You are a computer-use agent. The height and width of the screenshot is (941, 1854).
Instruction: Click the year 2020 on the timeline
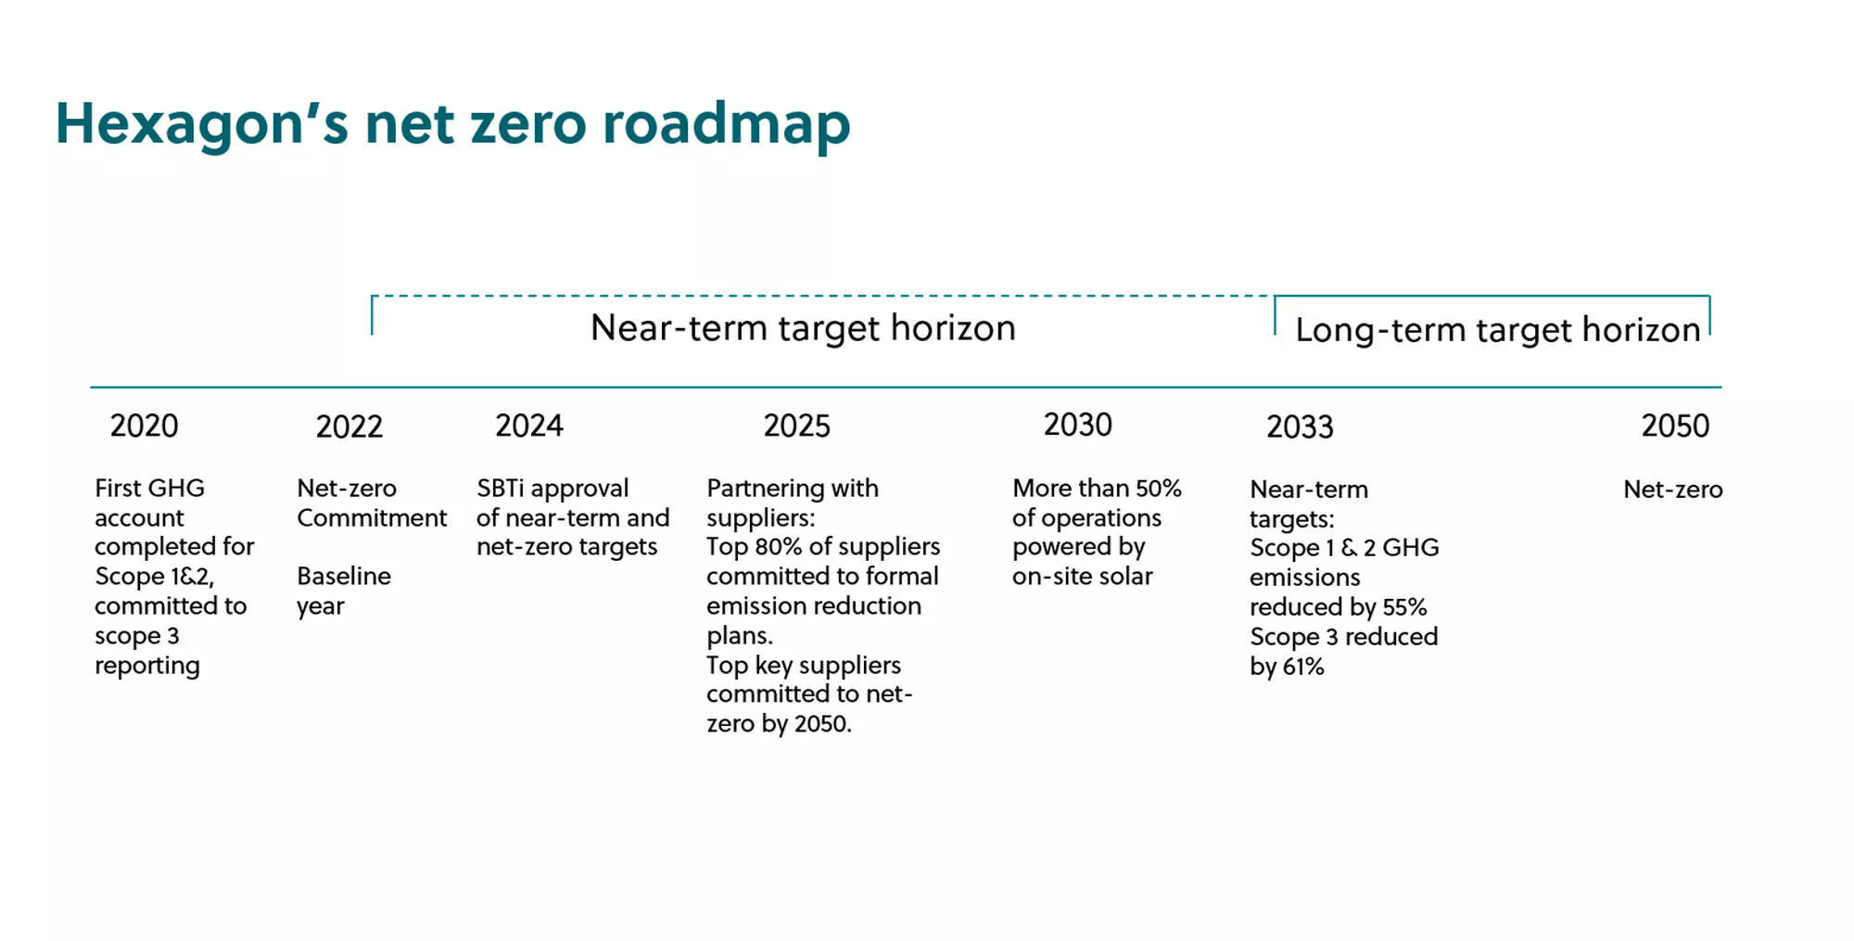pos(144,426)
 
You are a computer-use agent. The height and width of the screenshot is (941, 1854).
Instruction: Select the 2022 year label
pos(349,426)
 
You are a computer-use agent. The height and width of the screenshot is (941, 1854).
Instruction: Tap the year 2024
pos(529,426)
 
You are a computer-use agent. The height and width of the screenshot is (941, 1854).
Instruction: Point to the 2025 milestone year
pos(797,426)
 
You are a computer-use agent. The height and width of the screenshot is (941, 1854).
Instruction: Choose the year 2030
pos(1078,425)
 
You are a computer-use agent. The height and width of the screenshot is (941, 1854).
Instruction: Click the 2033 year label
pos(1301,426)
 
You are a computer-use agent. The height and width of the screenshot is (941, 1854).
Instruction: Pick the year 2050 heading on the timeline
pos(1675,426)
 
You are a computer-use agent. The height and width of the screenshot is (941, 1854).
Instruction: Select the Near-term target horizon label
pos(804,328)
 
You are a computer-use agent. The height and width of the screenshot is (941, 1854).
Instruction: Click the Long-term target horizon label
pos(1498,330)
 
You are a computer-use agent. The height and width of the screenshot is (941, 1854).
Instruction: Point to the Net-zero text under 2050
pos(1673,490)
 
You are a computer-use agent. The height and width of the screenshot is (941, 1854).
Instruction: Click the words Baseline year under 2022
pos(344,591)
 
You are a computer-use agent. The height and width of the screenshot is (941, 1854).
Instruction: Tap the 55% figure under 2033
pos(1404,607)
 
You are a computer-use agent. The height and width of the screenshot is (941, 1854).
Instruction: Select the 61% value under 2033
pos(1303,667)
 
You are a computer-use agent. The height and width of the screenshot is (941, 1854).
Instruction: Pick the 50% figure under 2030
pos(1159,489)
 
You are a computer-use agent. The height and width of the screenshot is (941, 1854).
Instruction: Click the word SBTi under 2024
pos(501,489)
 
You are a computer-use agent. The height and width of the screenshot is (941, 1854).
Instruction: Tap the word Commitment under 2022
pos(372,518)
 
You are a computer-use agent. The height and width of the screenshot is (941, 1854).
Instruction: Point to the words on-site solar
pos(1083,577)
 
